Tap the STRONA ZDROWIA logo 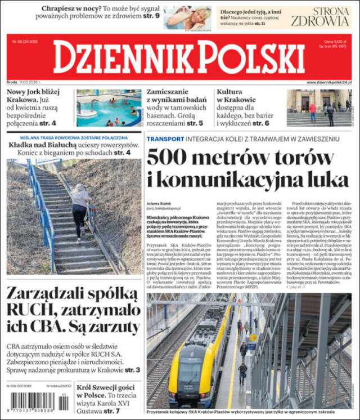(320, 17)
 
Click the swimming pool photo (109, 108)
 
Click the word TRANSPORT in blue (165, 138)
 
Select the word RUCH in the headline (29, 310)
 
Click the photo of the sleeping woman (187, 17)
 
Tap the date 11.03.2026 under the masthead (31, 83)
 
